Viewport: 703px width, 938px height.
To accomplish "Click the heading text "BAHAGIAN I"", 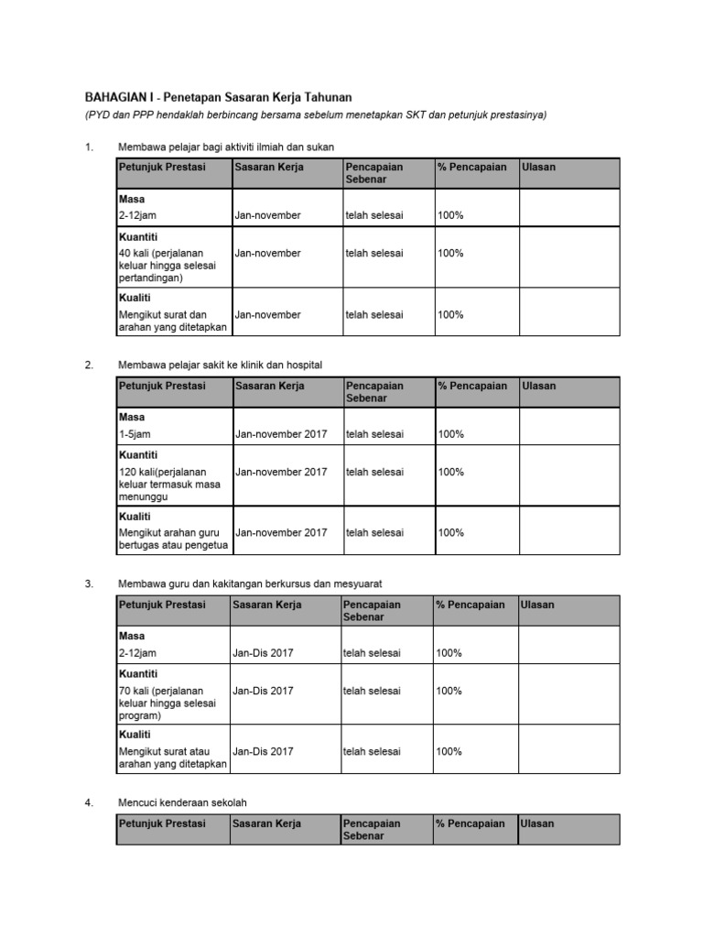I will point(119,97).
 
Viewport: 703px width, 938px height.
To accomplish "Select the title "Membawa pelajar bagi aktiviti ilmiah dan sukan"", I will point(233,147).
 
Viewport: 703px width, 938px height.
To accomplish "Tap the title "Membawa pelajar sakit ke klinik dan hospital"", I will point(221,365).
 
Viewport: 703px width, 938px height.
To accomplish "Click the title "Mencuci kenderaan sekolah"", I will point(182,802).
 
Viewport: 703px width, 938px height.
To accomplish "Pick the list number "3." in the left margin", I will point(89,584).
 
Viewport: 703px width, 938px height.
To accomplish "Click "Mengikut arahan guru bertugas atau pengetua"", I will point(173,540).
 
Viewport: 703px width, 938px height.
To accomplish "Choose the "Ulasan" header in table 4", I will point(537,823).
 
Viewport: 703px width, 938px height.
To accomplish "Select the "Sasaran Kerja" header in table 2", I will point(269,386).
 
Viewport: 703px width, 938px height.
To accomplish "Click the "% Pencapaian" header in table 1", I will point(472,167).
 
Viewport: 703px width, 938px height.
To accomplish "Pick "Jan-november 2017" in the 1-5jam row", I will point(281,434).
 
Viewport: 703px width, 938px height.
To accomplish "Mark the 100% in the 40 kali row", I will point(450,253).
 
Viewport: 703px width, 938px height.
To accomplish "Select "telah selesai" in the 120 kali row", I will point(374,472).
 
